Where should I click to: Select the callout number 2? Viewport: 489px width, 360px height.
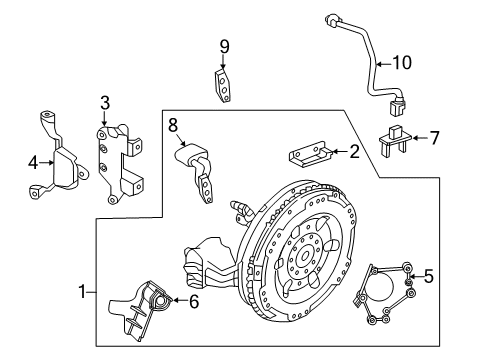353,151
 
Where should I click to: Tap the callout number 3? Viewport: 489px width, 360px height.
104,102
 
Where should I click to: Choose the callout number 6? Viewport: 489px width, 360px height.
193,299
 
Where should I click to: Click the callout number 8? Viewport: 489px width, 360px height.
172,127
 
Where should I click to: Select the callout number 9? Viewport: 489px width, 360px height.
225,47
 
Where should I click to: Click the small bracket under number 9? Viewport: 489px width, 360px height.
227,85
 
